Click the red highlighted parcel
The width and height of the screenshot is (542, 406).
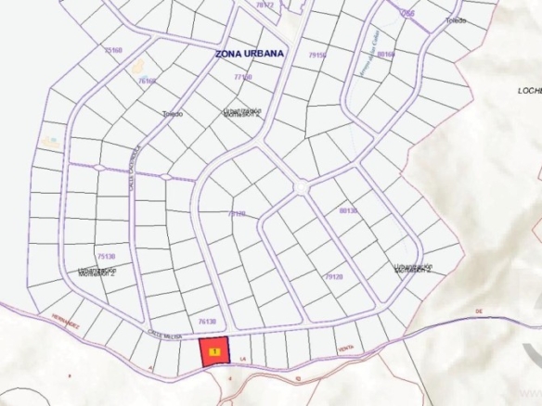click(x=215, y=353)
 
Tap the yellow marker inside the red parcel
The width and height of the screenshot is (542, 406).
click(x=215, y=352)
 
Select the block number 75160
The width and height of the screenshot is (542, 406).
click(x=114, y=50)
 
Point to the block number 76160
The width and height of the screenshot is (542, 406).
click(x=147, y=82)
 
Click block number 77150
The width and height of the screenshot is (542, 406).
click(x=243, y=78)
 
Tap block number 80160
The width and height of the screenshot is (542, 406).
click(x=386, y=54)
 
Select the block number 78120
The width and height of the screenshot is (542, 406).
click(x=237, y=213)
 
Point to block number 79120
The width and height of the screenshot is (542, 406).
click(x=334, y=276)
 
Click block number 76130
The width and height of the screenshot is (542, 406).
click(x=207, y=321)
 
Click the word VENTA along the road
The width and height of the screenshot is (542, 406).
click(x=346, y=349)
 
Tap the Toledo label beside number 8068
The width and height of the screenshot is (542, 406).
click(x=455, y=20)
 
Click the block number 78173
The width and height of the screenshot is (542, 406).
click(x=265, y=5)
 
